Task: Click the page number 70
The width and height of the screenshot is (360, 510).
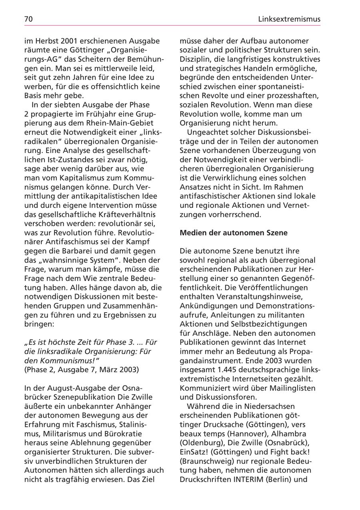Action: pos(28,19)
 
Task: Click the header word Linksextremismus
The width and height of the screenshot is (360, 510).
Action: pos(289,19)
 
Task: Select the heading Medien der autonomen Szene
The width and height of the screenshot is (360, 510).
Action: pos(234,233)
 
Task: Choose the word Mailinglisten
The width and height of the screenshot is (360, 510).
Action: pos(290,388)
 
